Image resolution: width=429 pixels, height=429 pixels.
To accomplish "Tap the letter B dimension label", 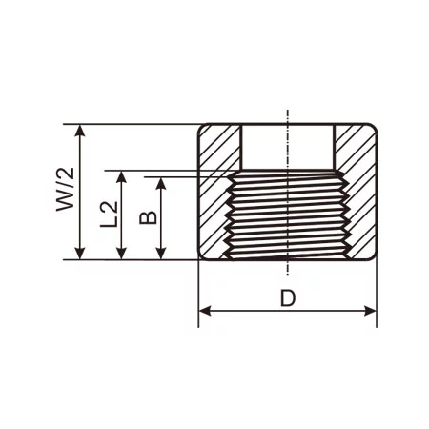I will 147,217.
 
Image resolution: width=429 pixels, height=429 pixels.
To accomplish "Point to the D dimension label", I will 287,297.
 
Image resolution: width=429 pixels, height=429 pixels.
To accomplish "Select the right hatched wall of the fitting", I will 358,191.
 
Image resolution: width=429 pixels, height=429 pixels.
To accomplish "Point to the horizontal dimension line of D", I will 248,311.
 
